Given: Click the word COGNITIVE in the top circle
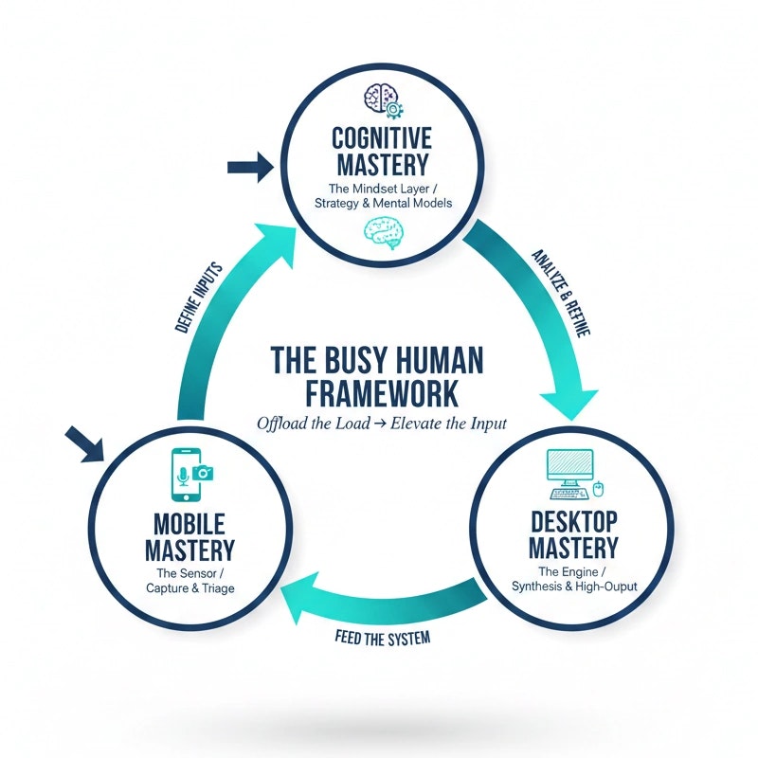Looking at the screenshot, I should pyautogui.click(x=381, y=138).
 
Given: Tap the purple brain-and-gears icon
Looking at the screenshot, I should pyautogui.click(x=381, y=98).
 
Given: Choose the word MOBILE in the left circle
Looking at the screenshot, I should pyautogui.click(x=187, y=523).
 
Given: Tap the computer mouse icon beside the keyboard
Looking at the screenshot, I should pyautogui.click(x=598, y=490).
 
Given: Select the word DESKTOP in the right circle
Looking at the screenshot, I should pyautogui.click(x=573, y=521).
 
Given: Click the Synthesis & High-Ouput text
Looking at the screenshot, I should pyautogui.click(x=573, y=587).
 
